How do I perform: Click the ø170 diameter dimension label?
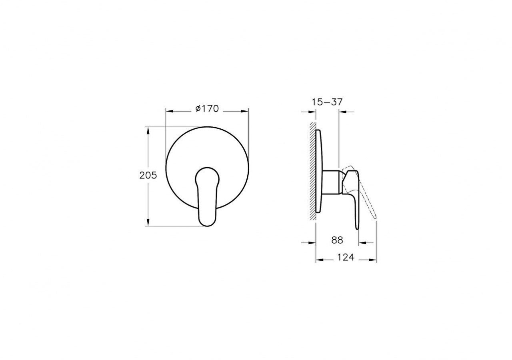tap(207, 108)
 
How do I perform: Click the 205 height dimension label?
tap(148, 175)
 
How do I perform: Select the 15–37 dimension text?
tap(327, 102)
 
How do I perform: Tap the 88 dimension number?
tap(337, 240)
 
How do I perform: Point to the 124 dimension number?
tap(346, 258)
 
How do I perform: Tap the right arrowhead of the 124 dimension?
tap(374, 260)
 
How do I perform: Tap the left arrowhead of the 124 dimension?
tap(319, 260)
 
